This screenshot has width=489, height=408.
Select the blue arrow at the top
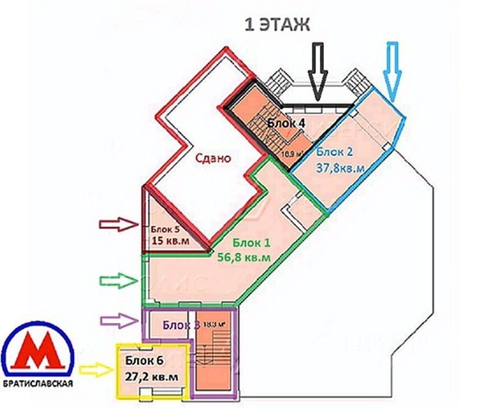click(x=392, y=70)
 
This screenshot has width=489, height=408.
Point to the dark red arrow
click(x=120, y=224)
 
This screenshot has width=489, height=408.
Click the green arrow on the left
click(x=119, y=281)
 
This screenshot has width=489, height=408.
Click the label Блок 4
click(x=286, y=123)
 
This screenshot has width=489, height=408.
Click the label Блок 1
click(x=251, y=243)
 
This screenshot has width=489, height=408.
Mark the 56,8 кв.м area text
click(x=244, y=258)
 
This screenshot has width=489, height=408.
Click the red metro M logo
click(x=38, y=352)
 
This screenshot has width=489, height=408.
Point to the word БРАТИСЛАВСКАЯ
click(x=38, y=385)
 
